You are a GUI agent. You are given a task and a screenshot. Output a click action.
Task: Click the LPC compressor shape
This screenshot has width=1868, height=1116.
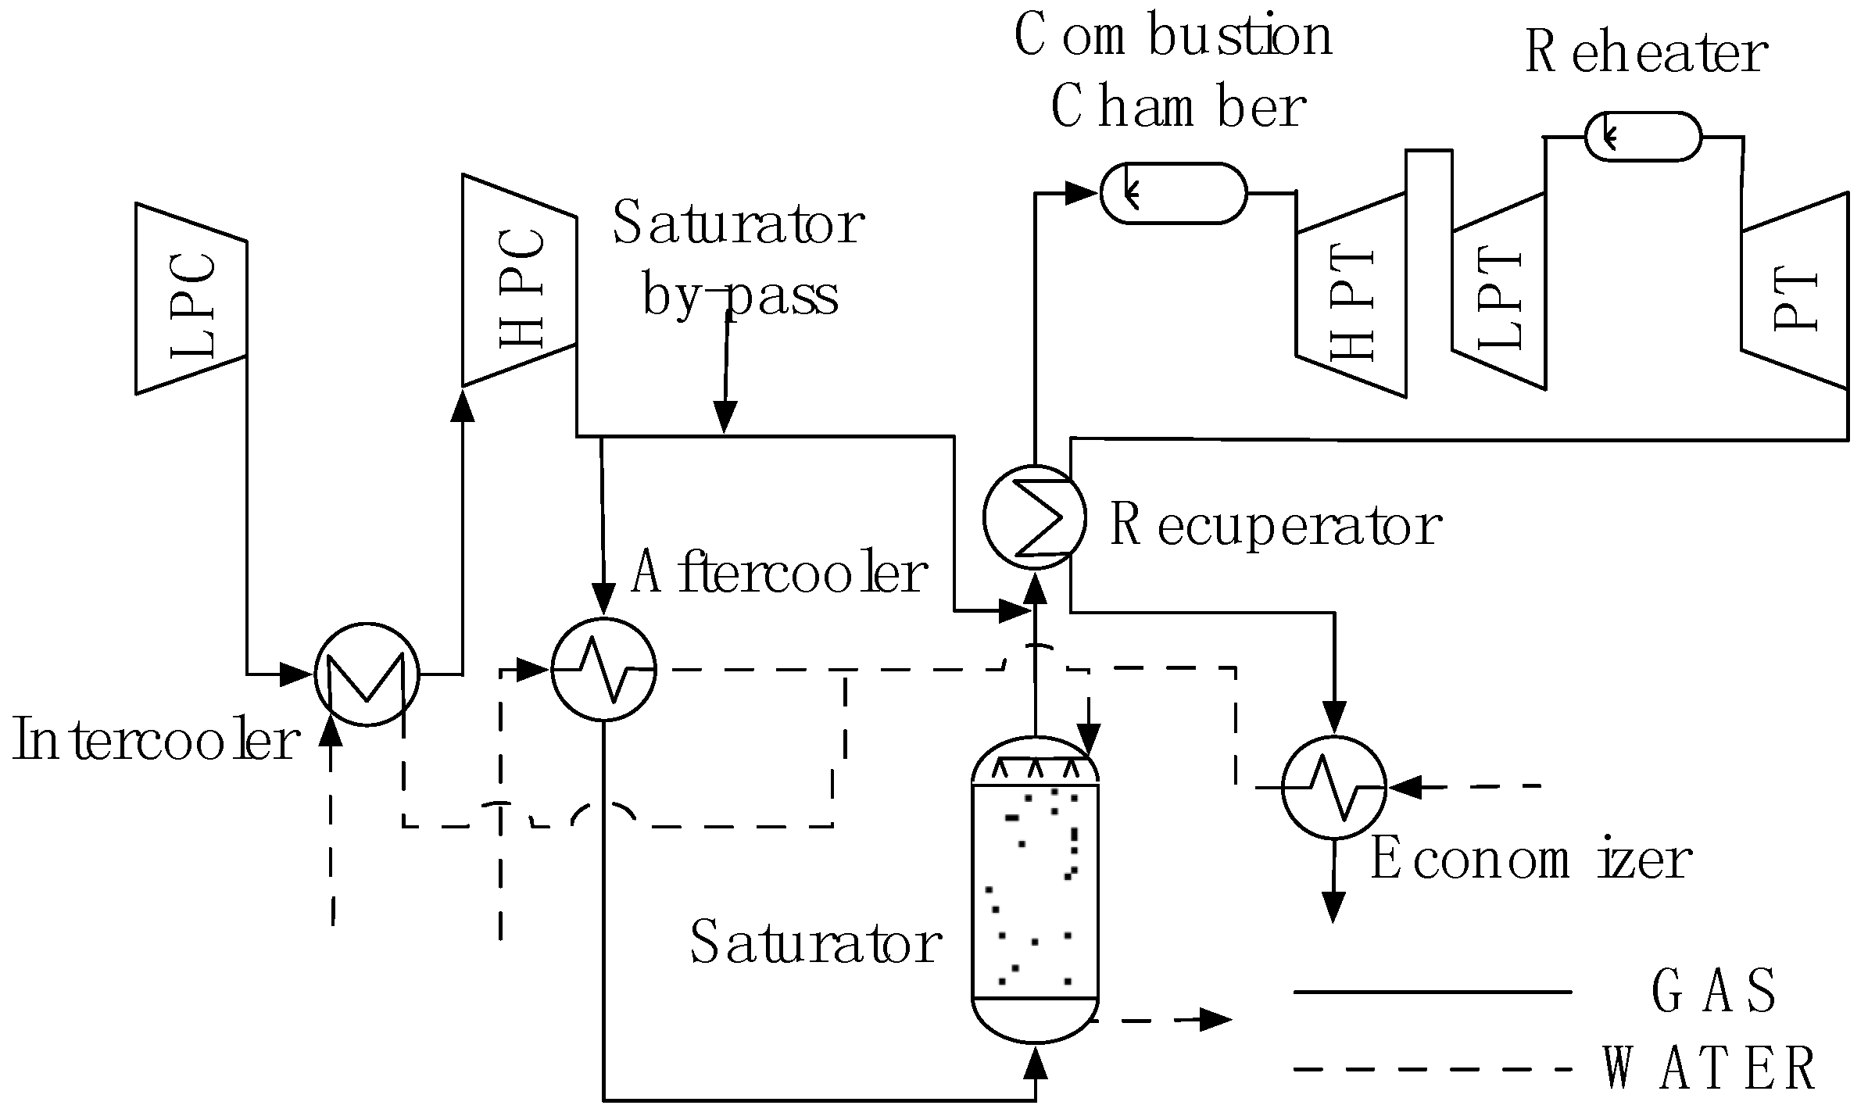(191, 299)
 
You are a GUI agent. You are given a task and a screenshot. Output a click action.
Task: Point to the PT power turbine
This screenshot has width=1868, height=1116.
(1794, 291)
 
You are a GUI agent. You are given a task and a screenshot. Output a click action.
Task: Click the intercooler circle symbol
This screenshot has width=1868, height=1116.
(367, 674)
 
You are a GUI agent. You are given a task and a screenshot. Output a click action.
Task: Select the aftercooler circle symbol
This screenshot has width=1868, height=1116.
(603, 669)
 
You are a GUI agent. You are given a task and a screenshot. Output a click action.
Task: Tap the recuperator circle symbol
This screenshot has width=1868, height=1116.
(1034, 517)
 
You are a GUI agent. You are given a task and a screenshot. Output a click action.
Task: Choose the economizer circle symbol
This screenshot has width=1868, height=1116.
(1334, 787)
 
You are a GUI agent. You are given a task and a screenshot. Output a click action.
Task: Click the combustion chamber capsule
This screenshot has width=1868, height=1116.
(1173, 193)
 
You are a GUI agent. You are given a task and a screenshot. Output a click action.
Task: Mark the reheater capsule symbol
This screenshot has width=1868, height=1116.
(1643, 137)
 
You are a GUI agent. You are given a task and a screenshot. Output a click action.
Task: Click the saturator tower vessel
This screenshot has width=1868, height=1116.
(1035, 891)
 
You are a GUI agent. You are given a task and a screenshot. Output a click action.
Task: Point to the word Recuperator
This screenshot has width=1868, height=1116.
(1276, 526)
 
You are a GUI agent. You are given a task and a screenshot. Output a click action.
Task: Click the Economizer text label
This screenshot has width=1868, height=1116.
(1530, 860)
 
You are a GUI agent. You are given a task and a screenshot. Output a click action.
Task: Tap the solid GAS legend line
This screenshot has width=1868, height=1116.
(1432, 992)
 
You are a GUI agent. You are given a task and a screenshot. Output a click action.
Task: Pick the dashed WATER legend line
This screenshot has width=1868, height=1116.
(1432, 1069)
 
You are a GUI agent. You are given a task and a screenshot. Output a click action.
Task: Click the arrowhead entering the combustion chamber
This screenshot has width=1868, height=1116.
(1083, 191)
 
